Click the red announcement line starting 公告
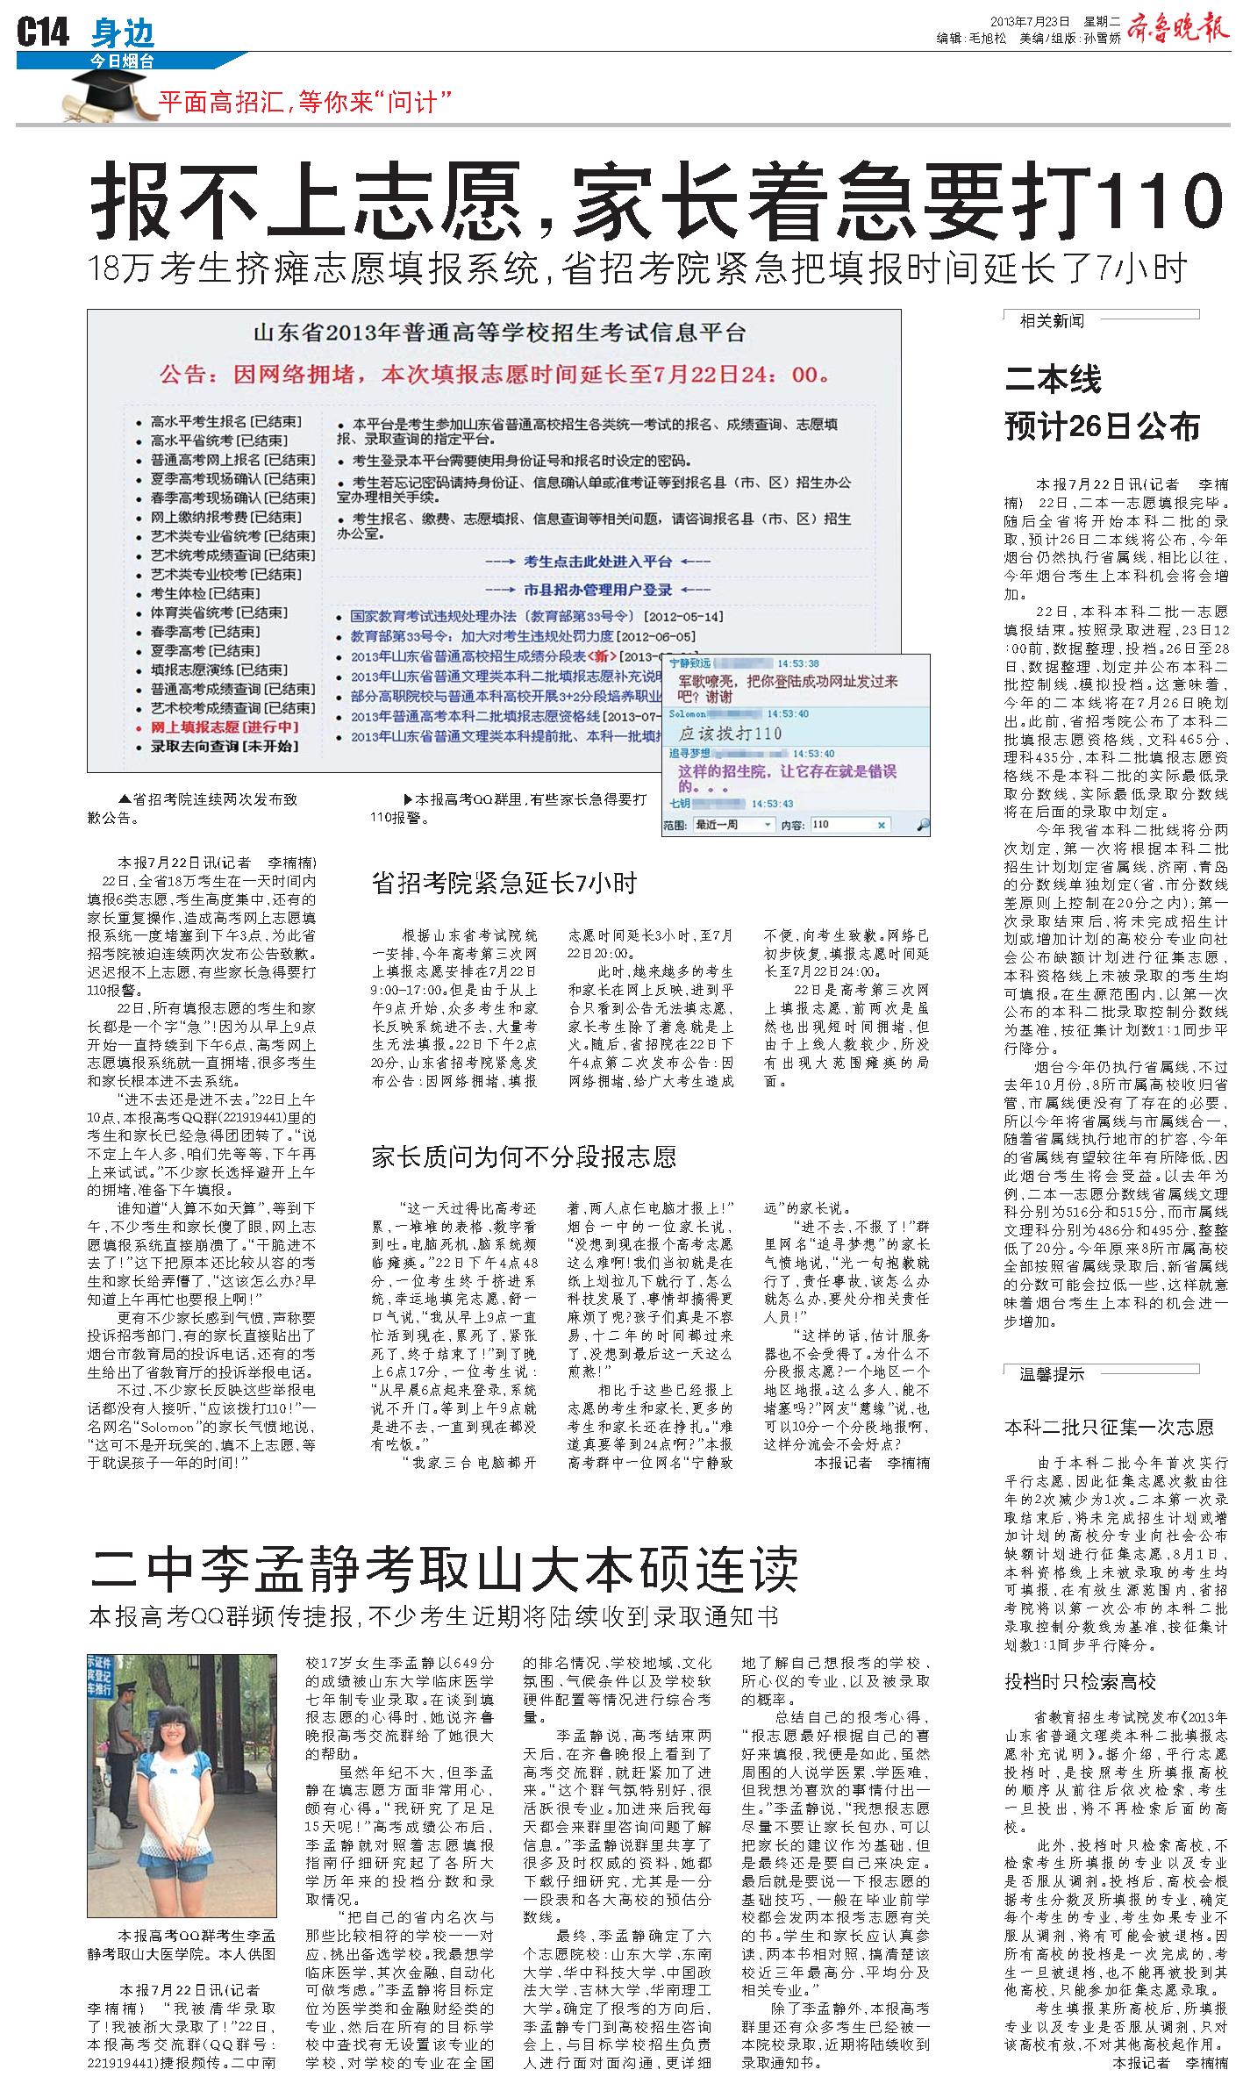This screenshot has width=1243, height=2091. (494, 375)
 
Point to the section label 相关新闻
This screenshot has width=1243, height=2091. (1052, 321)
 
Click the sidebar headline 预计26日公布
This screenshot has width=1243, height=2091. (1102, 427)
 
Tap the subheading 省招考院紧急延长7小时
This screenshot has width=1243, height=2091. (504, 884)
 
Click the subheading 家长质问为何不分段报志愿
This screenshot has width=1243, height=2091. (525, 1156)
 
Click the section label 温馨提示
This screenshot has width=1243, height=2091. (1052, 1374)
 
